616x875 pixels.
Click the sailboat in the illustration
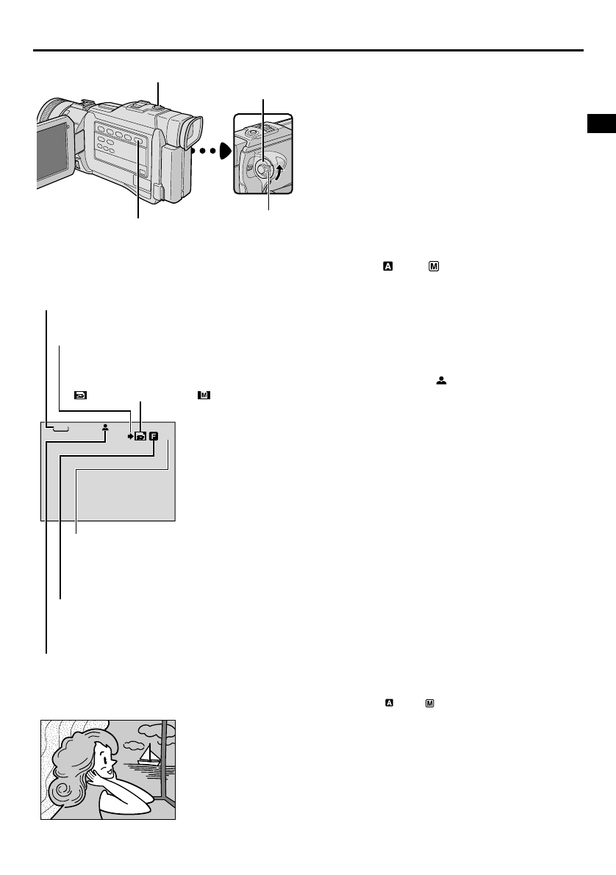coord(150,753)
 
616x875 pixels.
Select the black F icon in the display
coord(154,435)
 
